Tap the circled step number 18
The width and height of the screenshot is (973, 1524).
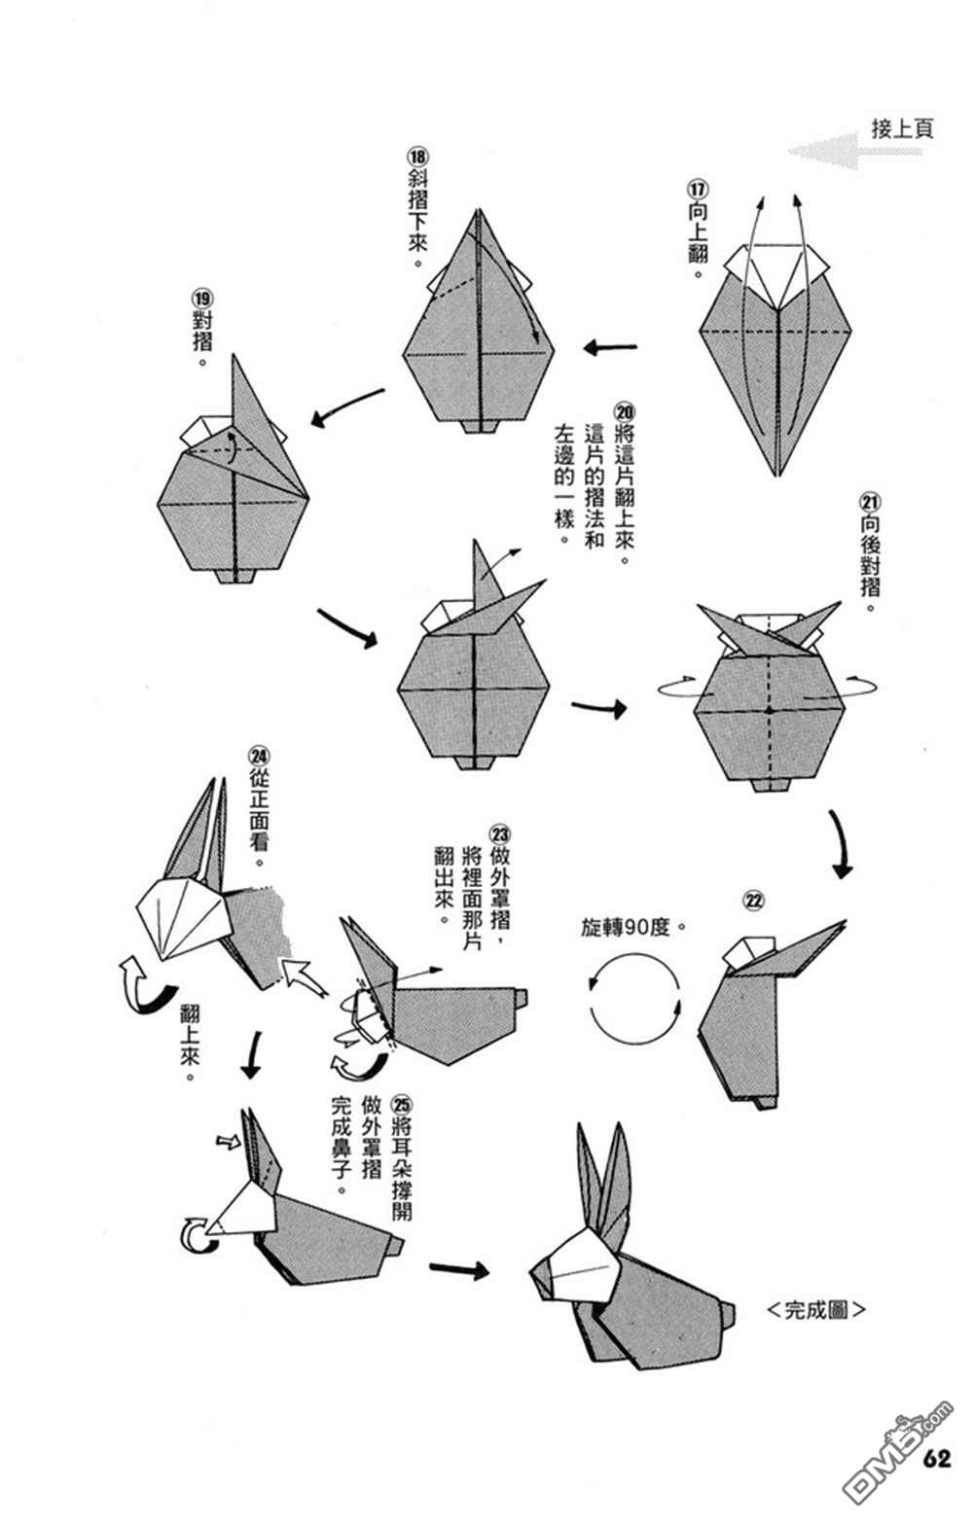(417, 157)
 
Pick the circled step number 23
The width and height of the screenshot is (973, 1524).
(500, 833)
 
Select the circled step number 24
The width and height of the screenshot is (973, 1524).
(258, 755)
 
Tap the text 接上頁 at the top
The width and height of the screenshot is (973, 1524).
(902, 128)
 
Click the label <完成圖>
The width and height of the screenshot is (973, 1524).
(815, 1309)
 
